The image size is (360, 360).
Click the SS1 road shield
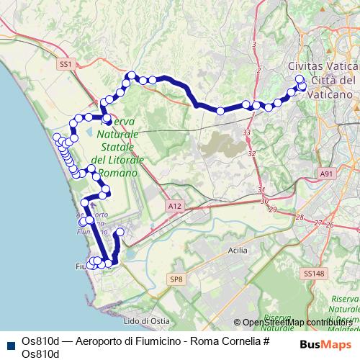pos(66,65)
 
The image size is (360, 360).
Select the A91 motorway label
pos(328,174)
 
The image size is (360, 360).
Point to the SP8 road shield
pos(176,279)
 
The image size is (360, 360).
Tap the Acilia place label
pos(237,250)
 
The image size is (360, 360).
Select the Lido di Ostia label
pos(145,320)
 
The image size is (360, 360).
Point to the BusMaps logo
pos(325,344)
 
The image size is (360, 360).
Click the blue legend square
pos(8,344)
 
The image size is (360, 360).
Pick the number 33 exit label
pos(247,133)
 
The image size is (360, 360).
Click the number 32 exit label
pos(251,153)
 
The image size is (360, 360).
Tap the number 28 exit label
pos(300,217)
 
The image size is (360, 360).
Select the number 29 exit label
pos(271,209)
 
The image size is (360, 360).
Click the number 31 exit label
pos(260,189)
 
